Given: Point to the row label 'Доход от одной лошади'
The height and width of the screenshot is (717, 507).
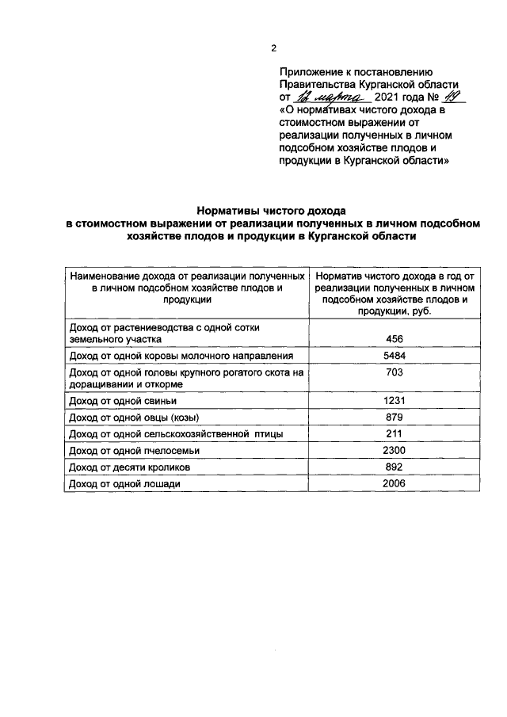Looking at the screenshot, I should [x=120, y=484].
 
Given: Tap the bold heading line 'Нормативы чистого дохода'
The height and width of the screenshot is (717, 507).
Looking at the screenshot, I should [x=272, y=212].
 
